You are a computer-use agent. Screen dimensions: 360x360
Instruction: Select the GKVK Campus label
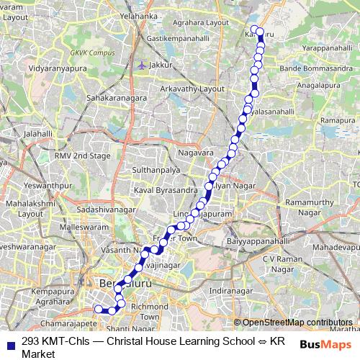click(x=88, y=53)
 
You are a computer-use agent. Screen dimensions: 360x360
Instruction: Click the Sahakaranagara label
click(x=117, y=96)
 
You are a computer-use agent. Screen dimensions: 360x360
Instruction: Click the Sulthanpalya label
click(x=151, y=171)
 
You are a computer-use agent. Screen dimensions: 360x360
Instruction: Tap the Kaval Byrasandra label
click(x=165, y=190)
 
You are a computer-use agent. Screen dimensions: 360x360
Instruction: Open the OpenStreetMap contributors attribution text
click(x=297, y=322)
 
